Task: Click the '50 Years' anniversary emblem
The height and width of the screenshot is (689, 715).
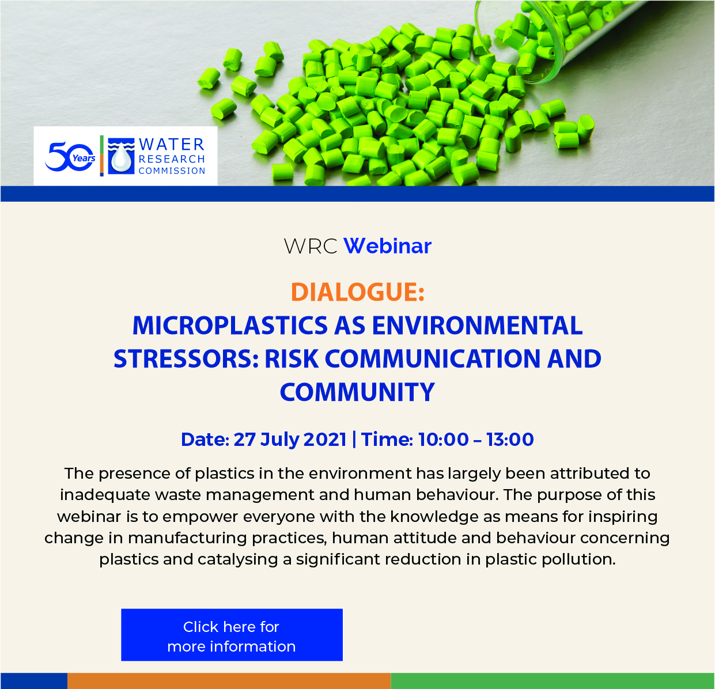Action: [x=70, y=157]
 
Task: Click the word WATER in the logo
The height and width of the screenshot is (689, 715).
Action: [x=172, y=145]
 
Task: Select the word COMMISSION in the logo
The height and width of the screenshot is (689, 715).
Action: [x=172, y=171]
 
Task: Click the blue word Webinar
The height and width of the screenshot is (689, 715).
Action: [x=387, y=246]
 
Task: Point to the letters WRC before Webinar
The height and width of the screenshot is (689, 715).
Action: [x=311, y=246]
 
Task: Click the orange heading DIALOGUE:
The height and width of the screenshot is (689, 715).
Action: [x=357, y=293]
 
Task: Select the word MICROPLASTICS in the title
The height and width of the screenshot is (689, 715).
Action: [x=230, y=325]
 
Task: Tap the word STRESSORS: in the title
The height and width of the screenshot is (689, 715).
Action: [x=186, y=359]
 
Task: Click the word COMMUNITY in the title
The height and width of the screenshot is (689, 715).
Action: [x=357, y=392]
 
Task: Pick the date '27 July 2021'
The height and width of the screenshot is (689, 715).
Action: [x=290, y=440]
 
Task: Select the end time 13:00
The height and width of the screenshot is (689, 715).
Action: [x=510, y=440]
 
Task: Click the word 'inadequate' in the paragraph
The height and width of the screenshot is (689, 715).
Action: [x=105, y=495]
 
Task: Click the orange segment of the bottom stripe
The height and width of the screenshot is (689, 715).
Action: [x=229, y=681]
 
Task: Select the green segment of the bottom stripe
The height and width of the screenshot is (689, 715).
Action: [x=553, y=681]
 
